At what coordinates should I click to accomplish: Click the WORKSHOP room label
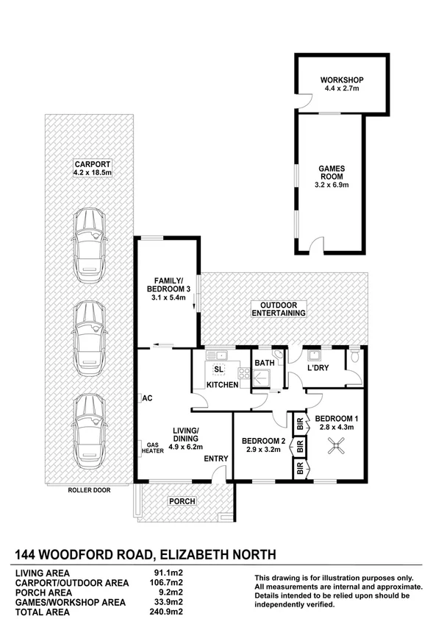point(342,80)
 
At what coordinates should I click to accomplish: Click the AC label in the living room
point(147,398)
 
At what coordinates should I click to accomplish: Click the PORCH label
point(182,501)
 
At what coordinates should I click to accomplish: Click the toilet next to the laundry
point(354,358)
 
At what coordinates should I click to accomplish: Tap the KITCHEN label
point(222,384)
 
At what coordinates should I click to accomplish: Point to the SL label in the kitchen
point(218,369)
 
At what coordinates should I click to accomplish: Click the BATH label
point(263,363)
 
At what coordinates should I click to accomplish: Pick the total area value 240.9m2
point(168,611)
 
